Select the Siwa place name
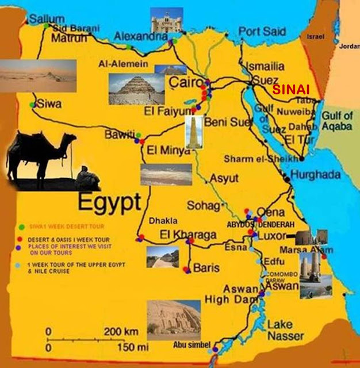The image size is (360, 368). click(49, 104)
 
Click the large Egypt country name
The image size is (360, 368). click(109, 202)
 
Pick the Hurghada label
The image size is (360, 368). click(316, 175)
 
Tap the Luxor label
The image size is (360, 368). click(275, 236)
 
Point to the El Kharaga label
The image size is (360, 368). click(188, 235)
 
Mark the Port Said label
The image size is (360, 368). click(259, 32)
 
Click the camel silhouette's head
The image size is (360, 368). click(67, 140)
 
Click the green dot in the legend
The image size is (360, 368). click(21, 225)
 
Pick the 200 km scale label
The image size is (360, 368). click(121, 332)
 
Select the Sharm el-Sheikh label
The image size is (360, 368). click(262, 159)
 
